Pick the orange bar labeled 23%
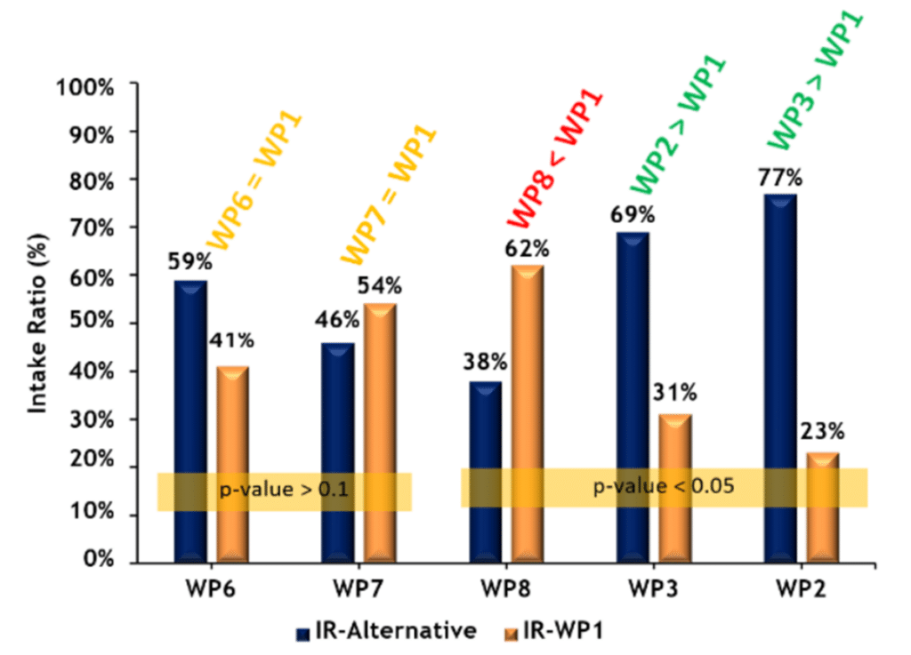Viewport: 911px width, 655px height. click(823, 507)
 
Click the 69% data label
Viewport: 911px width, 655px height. click(633, 215)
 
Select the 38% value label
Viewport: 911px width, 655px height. click(485, 363)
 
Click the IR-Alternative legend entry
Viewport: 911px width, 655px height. click(386, 631)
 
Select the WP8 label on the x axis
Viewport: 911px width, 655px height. click(506, 588)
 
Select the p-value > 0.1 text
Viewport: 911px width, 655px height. click(283, 491)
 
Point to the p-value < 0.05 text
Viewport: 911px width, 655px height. click(663, 488)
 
